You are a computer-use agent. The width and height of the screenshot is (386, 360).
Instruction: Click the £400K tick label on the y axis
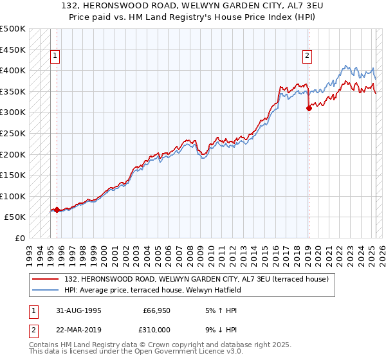[x=14, y=70]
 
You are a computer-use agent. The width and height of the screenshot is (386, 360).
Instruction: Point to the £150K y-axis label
[x=14, y=175]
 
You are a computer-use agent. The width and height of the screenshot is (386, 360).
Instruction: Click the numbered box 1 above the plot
[x=56, y=57]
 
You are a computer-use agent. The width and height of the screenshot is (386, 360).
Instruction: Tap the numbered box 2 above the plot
[x=308, y=57]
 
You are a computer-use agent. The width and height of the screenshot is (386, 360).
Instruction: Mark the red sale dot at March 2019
[x=309, y=108]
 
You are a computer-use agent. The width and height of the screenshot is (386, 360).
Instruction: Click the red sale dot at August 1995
[x=57, y=210]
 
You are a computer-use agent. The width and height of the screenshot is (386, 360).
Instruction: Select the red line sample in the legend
[x=46, y=278]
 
